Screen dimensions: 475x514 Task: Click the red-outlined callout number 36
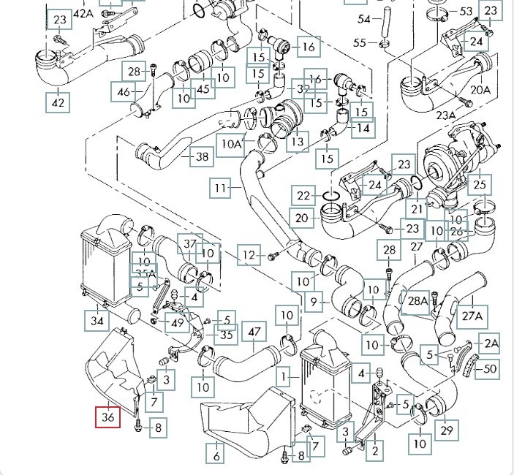(109, 417)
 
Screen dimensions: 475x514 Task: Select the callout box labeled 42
(58, 102)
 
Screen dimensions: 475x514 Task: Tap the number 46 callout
(122, 92)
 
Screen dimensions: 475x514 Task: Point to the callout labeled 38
(202, 156)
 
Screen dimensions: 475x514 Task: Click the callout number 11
(221, 189)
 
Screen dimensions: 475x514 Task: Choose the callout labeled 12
(250, 255)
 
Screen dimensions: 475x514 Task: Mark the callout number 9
(315, 300)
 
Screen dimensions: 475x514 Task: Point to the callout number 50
(489, 369)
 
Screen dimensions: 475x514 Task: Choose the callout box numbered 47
(254, 332)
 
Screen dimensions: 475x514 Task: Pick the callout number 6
(216, 456)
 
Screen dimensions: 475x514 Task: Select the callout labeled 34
(97, 319)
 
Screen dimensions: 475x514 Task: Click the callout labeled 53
(466, 12)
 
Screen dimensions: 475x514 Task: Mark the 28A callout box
(417, 300)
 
